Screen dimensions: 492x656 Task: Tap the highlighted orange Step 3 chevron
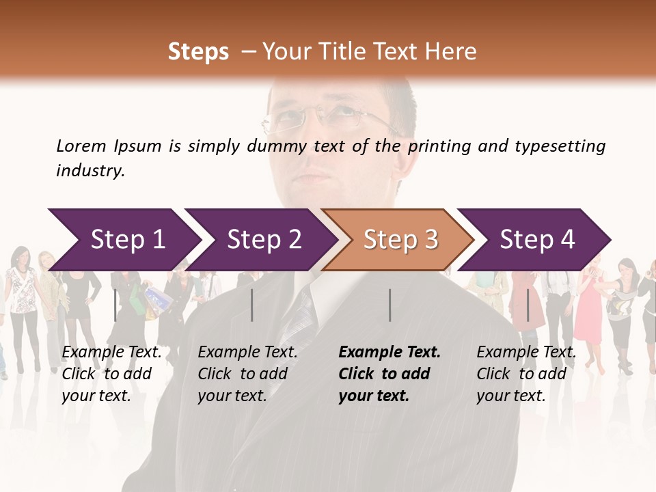click(400, 240)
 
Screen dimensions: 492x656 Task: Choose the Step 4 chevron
click(537, 240)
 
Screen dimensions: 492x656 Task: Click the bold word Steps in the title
click(198, 52)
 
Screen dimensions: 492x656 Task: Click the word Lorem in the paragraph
click(81, 146)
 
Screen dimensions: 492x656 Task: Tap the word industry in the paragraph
click(90, 171)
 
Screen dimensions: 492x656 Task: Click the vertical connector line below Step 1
click(115, 305)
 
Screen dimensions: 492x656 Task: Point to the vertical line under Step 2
click(252, 305)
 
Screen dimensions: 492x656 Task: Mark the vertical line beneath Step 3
click(389, 305)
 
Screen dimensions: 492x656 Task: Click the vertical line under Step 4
click(528, 305)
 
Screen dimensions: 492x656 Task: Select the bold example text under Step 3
click(389, 374)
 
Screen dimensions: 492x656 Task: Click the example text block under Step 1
click(111, 374)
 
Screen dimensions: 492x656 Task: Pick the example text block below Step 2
click(247, 374)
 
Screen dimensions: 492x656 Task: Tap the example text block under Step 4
click(526, 374)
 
